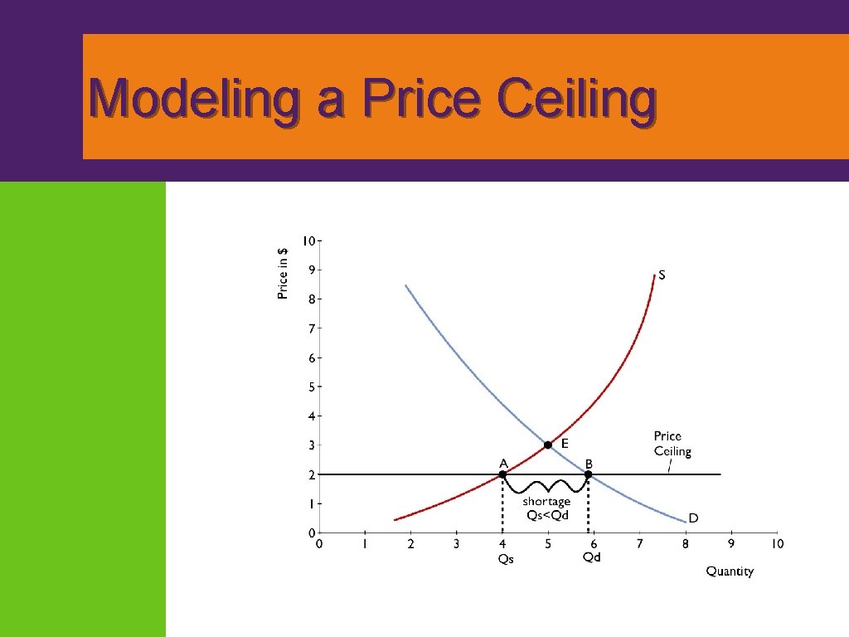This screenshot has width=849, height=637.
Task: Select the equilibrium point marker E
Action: [547, 445]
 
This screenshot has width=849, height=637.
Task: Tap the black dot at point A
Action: [502, 474]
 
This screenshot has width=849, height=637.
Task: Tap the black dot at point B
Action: [588, 474]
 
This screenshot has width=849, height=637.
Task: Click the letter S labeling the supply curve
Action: [661, 276]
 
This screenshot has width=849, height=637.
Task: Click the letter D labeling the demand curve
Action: [693, 518]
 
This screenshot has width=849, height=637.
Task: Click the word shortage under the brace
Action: [546, 502]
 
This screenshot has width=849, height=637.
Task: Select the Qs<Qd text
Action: [547, 514]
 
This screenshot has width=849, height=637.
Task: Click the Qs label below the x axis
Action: [505, 559]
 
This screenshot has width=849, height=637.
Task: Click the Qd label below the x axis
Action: [591, 557]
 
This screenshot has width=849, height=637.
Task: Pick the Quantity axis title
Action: [730, 571]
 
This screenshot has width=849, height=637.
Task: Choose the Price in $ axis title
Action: [284, 274]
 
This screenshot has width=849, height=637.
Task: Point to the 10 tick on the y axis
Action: [308, 241]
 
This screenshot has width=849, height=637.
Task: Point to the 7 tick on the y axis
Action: [312, 328]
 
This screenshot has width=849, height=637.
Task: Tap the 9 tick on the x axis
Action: [731, 544]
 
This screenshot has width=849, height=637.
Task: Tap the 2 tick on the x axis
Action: [410, 544]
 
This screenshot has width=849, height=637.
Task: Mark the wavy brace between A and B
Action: [546, 486]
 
